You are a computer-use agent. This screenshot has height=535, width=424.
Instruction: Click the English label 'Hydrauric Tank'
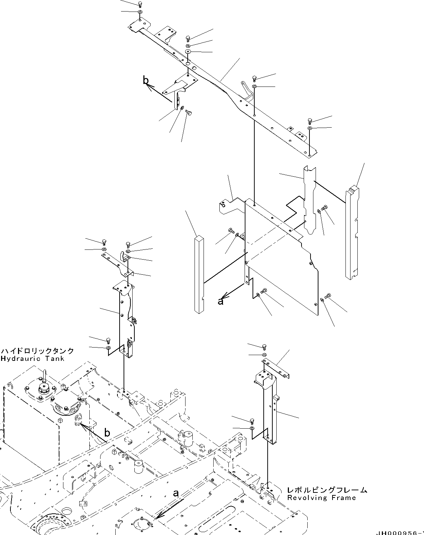point(32,359)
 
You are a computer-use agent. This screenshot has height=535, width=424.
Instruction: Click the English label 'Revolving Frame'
point(321,498)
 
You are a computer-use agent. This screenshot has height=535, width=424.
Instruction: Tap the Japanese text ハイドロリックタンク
point(37,351)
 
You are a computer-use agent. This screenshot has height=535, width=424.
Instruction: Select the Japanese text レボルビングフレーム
point(327,490)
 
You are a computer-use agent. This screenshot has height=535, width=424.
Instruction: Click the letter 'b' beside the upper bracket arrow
point(146,81)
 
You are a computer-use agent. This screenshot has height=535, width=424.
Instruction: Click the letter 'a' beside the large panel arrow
point(220,301)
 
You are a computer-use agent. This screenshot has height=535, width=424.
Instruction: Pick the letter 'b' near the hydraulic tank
point(107,432)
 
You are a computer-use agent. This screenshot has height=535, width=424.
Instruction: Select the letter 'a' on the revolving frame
point(176,493)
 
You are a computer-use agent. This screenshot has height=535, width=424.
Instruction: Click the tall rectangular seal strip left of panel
point(199,274)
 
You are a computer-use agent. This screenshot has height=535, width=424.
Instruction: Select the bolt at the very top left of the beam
point(140,4)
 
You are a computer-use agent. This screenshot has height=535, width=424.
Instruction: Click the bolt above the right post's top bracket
point(264,346)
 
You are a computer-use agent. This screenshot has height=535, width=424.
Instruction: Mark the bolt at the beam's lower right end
point(309,120)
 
